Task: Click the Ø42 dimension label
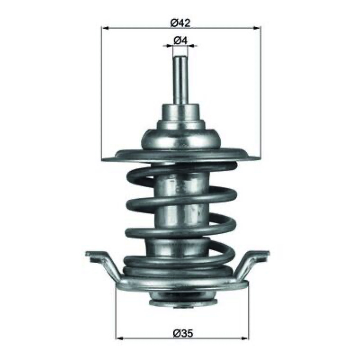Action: (x=180, y=23)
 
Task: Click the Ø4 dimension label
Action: (x=181, y=40)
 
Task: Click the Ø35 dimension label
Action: (x=183, y=333)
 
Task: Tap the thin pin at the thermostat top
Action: (x=180, y=81)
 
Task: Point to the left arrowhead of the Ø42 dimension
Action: (x=105, y=28)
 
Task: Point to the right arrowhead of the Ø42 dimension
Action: (x=257, y=28)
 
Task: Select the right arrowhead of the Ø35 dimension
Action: (x=244, y=338)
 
